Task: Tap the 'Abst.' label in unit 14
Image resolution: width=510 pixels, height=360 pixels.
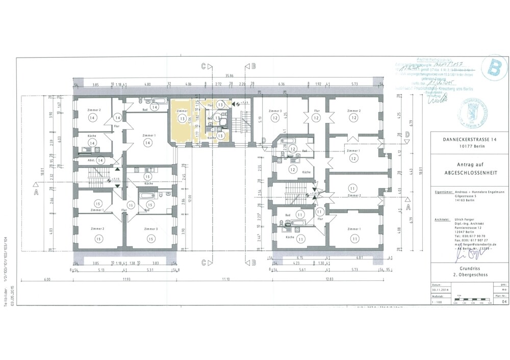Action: click(x=92, y=160)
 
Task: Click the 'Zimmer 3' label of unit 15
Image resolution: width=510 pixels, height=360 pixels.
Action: click(x=150, y=229)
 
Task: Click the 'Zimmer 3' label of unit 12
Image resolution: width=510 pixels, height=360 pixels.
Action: click(x=275, y=110)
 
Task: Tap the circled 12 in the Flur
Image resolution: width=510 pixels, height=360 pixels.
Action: click(x=316, y=118)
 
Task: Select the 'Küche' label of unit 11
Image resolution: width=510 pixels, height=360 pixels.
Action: click(x=290, y=238)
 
